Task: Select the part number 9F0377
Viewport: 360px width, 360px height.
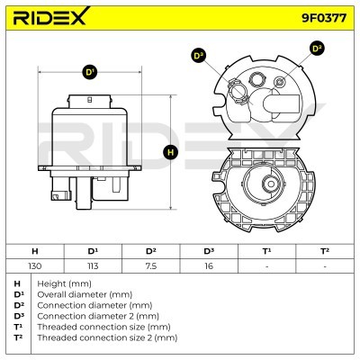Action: pyautogui.click(x=324, y=18)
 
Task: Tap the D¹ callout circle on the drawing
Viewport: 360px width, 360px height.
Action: pyautogui.click(x=89, y=72)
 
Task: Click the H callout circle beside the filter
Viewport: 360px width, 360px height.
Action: pyautogui.click(x=171, y=152)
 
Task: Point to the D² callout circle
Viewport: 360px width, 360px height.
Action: pyautogui.click(x=317, y=49)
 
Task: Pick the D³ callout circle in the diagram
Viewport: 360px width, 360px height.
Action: pyautogui.click(x=198, y=56)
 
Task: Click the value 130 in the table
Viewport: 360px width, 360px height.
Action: pyautogui.click(x=35, y=266)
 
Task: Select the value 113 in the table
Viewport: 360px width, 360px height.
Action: pyautogui.click(x=93, y=266)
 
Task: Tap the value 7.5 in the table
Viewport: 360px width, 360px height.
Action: pyautogui.click(x=151, y=266)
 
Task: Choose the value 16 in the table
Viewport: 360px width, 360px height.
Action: pyautogui.click(x=209, y=266)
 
